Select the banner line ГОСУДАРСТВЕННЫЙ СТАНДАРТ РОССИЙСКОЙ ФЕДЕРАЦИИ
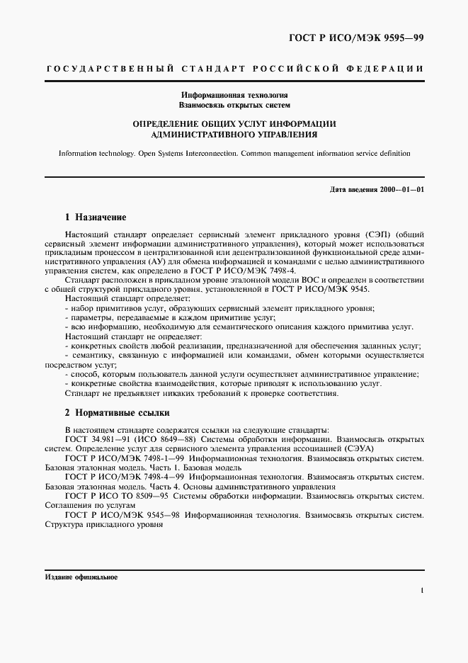(234, 69)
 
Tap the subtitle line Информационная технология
(234, 94)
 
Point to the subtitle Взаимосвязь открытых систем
(234, 104)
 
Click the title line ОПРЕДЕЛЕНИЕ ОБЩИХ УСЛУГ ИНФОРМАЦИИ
(234, 123)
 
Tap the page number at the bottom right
(422, 590)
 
